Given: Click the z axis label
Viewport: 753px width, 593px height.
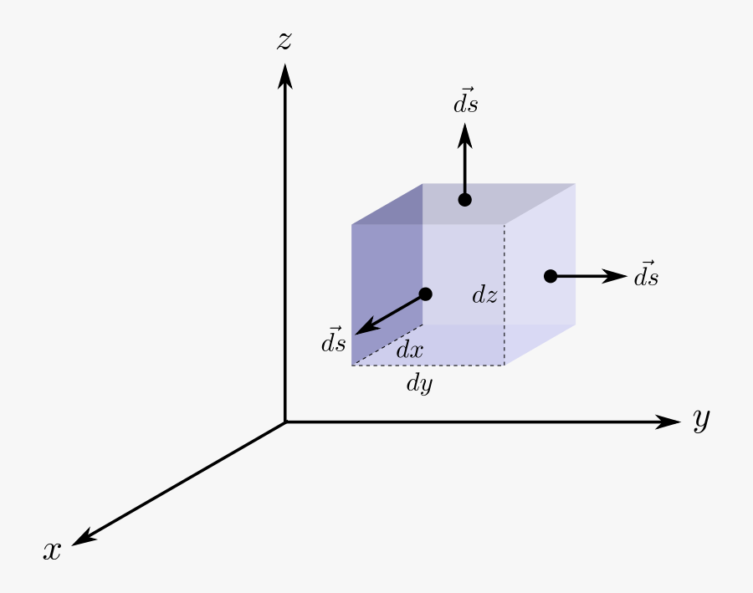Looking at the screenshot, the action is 284,40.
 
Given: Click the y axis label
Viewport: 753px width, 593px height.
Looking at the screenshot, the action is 701,420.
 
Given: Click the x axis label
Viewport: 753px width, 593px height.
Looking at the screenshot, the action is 53,551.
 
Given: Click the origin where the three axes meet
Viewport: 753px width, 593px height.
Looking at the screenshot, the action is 285,422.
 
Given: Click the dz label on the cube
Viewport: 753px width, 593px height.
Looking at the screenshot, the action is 485,294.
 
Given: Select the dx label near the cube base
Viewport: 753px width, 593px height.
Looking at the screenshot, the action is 409,350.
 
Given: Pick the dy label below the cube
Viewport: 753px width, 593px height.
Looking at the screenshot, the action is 419,384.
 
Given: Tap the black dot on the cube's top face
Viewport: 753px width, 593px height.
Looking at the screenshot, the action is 465,200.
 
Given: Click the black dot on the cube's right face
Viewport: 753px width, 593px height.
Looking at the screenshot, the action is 551,276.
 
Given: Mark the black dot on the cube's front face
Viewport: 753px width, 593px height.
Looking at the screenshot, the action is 425,294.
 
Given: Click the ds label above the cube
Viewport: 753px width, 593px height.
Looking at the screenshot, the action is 466,102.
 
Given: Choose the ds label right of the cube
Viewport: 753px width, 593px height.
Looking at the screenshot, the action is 646,275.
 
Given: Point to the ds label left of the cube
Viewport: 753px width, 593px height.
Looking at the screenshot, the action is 334,341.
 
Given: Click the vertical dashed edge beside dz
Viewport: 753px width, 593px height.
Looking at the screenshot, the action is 504,326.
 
